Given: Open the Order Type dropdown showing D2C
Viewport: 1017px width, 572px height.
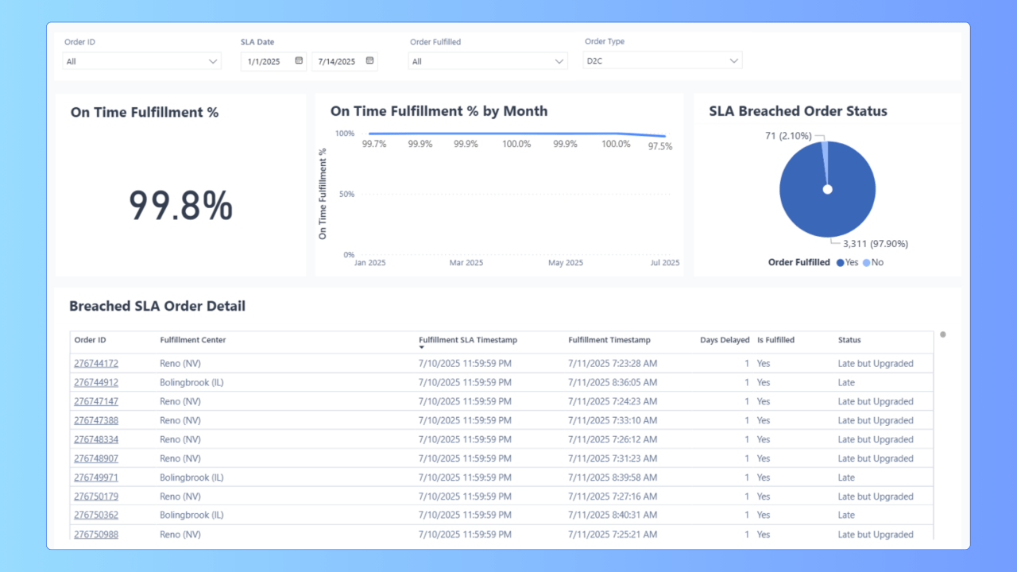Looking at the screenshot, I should click(x=662, y=60).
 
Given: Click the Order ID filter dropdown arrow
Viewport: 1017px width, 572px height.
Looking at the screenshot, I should click(x=213, y=61).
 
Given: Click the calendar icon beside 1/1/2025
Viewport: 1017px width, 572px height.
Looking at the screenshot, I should click(x=299, y=60).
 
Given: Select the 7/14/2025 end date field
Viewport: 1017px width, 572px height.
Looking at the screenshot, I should click(x=337, y=61).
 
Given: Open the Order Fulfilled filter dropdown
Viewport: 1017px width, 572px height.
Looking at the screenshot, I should click(x=488, y=61).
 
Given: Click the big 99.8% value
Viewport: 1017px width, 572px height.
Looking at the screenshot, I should click(x=180, y=207).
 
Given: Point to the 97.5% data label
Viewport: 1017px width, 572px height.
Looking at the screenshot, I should click(x=660, y=146).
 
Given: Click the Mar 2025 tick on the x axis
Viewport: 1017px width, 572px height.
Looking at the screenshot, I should click(x=466, y=263).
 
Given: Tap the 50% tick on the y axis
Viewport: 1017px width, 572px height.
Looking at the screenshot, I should click(x=346, y=194).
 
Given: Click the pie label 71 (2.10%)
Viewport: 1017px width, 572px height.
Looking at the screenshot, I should click(x=789, y=136).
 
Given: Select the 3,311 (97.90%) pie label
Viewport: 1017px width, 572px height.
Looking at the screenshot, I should click(x=870, y=244).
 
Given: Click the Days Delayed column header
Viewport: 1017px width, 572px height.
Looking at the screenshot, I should click(x=725, y=340).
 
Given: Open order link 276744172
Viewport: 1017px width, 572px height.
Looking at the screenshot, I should click(x=96, y=364).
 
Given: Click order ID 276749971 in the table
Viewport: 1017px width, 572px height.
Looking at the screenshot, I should click(x=96, y=477).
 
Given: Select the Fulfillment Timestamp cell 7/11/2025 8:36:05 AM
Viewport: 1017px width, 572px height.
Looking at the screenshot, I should click(x=613, y=383).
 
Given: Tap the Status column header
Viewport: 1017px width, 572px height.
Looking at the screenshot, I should click(x=849, y=340).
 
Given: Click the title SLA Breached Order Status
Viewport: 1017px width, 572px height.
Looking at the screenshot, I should click(x=798, y=111).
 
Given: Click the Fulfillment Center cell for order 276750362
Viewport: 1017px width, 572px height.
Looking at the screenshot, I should click(x=191, y=515).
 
